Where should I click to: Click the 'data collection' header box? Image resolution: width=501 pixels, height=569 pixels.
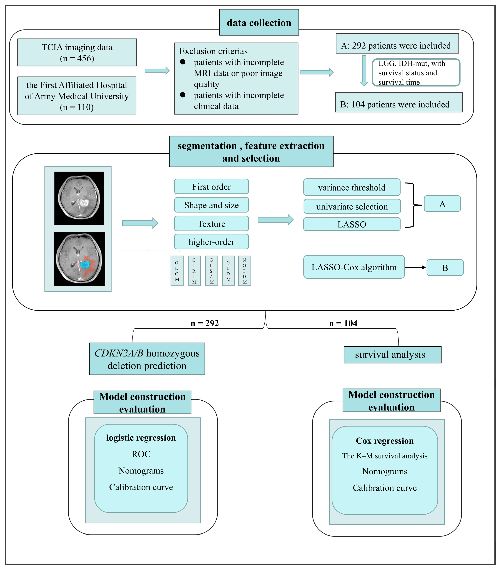pos(259,22)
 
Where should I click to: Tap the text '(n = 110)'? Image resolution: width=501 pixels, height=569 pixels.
pos(77,107)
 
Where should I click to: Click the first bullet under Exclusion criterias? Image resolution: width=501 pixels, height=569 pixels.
pos(183,62)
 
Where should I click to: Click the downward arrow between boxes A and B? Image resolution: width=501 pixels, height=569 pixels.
pos(364,71)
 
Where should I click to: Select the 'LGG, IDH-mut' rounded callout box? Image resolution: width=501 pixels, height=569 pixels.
pos(416,72)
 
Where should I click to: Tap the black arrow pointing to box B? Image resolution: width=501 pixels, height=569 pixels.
pos(415,267)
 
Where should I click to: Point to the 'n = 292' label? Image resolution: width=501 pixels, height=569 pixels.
pos(205,323)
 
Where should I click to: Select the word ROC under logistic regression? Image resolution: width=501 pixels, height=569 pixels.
pos(141,454)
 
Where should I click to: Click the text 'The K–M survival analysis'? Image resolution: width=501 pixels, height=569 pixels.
pos(385,456)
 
